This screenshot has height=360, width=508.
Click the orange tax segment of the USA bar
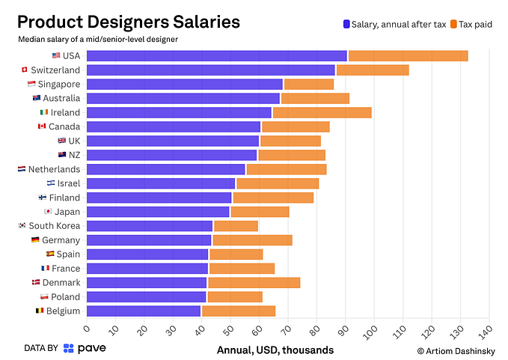(x=408, y=55)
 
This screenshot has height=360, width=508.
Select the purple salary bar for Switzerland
(x=210, y=70)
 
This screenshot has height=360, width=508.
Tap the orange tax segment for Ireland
(x=322, y=112)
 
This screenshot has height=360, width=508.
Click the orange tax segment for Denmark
(x=254, y=282)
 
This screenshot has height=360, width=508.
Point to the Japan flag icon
(x=48, y=212)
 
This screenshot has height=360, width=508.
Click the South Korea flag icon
(x=22, y=226)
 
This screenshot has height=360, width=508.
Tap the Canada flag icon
(x=42, y=126)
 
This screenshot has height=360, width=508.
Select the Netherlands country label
(x=54, y=169)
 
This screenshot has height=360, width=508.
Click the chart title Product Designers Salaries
(x=128, y=22)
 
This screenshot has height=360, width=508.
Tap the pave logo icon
(x=69, y=348)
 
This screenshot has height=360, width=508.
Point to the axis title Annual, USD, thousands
(x=275, y=350)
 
